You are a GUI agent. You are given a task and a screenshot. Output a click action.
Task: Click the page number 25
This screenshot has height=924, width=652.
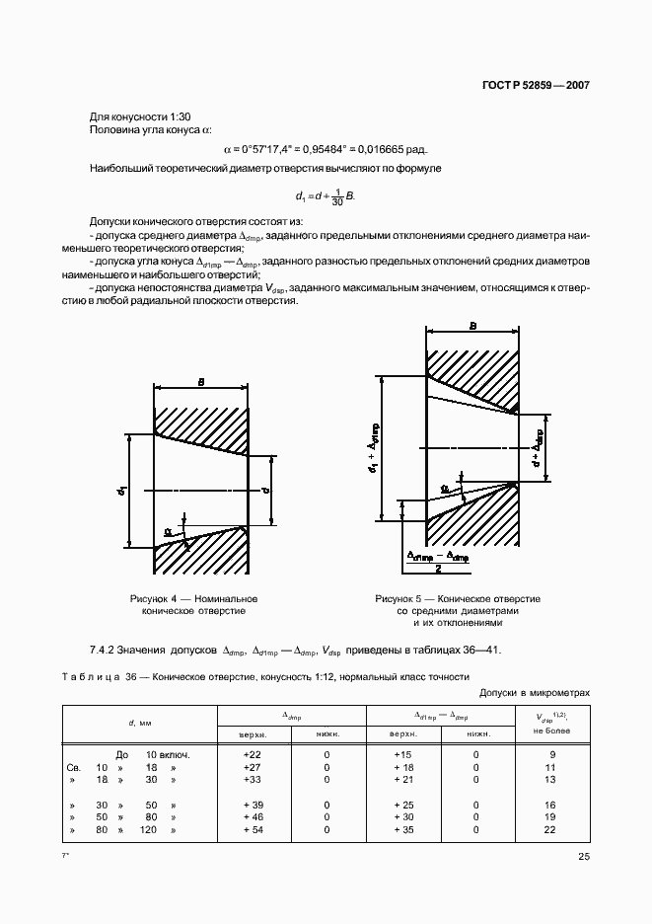pos(584,857)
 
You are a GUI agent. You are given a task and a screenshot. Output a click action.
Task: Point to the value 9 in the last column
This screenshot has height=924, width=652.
pos(550,754)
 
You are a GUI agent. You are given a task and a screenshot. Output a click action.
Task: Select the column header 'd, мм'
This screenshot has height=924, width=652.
pos(138,725)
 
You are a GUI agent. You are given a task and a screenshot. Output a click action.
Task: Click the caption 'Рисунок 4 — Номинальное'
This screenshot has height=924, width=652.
pos(193,599)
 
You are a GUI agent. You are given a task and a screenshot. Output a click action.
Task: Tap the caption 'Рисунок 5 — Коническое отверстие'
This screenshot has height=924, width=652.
pos(458,599)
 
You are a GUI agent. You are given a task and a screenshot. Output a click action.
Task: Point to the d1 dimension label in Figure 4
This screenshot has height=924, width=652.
pos(120,489)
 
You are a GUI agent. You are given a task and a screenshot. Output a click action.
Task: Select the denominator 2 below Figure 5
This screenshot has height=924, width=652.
pos(436,569)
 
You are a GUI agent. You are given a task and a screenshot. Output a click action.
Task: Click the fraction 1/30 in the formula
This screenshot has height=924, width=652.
pos(337,196)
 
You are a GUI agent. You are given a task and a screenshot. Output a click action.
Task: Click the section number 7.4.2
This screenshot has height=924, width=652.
pos(104,651)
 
